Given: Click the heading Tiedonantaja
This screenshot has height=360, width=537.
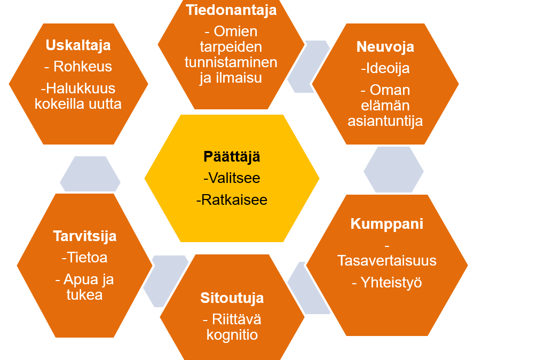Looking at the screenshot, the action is [231, 10].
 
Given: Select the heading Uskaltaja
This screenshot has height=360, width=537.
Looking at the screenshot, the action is [78, 45].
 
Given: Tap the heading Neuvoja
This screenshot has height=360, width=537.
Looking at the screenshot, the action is [385, 47].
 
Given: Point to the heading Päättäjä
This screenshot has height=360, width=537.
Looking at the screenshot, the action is [232, 157].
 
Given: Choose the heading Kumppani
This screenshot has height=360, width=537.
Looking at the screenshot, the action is [387, 225].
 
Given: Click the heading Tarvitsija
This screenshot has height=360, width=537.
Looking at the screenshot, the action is [84, 236].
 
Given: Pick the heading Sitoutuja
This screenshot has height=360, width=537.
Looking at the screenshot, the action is [232, 298].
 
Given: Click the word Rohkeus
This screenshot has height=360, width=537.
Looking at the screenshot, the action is [83, 67].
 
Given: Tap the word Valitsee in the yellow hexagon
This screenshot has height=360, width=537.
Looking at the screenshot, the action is [234, 178].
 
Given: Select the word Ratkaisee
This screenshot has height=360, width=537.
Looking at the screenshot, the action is [234, 200].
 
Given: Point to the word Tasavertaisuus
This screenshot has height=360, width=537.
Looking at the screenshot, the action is [387, 261].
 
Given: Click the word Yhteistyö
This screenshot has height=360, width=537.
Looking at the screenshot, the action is [391, 283].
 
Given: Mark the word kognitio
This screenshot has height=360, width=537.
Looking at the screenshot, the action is [232, 335].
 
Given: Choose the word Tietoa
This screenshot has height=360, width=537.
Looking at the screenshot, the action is [87, 258].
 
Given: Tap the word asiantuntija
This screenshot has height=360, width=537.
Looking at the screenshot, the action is [385, 121].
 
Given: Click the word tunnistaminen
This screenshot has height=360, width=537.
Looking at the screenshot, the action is [231, 62].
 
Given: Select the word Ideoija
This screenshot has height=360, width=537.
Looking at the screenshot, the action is [388, 68].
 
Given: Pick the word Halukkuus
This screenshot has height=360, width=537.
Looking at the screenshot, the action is [81, 89].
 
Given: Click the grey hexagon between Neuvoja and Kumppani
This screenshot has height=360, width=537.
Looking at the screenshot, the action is [393, 170].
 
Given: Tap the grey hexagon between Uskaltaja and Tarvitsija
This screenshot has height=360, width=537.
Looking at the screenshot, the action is [90, 174].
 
